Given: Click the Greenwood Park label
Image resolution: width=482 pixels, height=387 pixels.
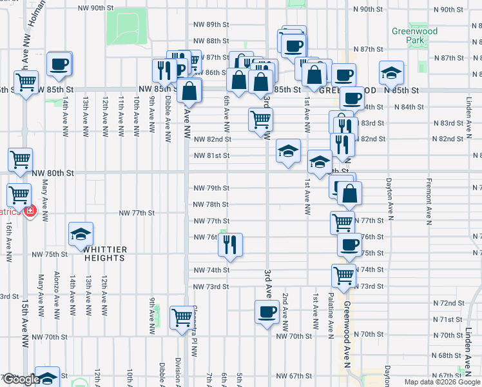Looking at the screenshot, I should tap(414, 35).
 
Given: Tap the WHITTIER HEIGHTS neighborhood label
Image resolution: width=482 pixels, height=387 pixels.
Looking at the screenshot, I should tap(104, 253).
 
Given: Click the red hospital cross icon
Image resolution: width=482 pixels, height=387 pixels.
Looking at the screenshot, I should tap(30, 211).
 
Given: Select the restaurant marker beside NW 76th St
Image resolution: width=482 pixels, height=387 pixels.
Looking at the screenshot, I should tap(230, 244).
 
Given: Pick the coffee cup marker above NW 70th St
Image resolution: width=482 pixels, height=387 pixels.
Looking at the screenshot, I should tap(267, 312).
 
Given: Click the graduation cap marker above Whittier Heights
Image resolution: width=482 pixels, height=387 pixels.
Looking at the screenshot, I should tap(81, 234).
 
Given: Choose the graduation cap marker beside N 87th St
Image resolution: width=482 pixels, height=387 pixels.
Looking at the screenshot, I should tap(391, 74).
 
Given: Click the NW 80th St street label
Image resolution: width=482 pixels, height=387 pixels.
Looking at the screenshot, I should tap(53, 173).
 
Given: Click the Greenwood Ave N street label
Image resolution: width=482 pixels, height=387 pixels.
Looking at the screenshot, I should tap(347, 323).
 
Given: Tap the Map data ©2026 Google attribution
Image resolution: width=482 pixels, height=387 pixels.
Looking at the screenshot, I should tap(441, 382).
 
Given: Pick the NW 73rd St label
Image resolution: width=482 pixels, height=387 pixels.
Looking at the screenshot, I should tap(211, 286).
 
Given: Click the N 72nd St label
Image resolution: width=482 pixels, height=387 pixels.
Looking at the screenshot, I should tap(448, 303).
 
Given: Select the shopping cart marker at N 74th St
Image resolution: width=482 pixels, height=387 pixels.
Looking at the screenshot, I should tap(344, 275).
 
